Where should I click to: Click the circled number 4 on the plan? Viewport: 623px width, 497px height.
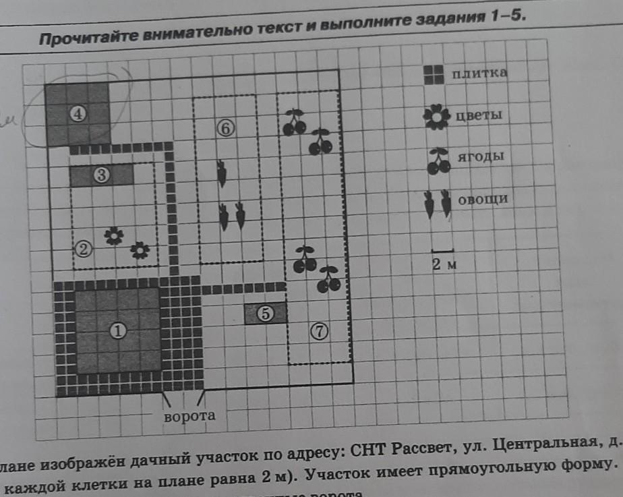(x=78, y=115)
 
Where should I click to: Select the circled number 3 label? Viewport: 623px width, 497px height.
(x=102, y=175)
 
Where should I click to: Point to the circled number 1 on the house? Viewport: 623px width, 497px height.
(x=118, y=331)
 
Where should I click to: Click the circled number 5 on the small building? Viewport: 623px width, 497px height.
(x=266, y=314)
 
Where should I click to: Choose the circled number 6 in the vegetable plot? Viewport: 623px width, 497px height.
(x=225, y=127)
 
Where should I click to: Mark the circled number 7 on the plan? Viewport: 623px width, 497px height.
(x=320, y=330)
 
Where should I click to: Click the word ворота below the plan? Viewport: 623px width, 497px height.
(x=190, y=415)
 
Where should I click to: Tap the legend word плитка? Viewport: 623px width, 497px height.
(x=479, y=73)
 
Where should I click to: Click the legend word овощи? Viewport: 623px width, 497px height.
(x=482, y=199)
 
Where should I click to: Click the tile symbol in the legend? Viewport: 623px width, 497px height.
(x=434, y=75)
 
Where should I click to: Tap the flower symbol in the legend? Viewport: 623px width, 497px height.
(x=437, y=117)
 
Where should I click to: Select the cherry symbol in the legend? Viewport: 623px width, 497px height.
(x=439, y=160)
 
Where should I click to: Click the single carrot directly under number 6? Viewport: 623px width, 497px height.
(x=222, y=173)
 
